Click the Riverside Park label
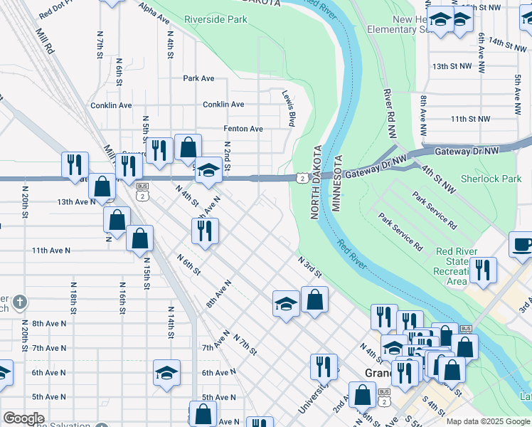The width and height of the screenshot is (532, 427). pyautogui.click(x=216, y=19)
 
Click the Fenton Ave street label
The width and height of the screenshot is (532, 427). pyautogui.click(x=243, y=129)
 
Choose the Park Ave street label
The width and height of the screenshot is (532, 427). pyautogui.click(x=198, y=78)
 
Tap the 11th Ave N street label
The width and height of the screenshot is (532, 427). pyautogui.click(x=51, y=251)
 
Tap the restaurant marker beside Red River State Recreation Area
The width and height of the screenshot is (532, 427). pyautogui.click(x=483, y=270)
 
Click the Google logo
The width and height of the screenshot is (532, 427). pyautogui.click(x=23, y=418)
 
